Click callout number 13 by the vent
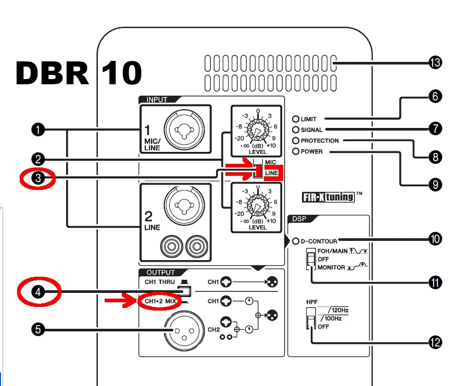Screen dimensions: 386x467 tap(435, 63)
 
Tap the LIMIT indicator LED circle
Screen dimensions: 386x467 tap(296, 119)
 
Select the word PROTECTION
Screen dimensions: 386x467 tap(320, 140)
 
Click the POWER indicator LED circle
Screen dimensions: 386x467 tap(296, 152)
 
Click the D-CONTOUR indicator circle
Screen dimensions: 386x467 tap(296, 241)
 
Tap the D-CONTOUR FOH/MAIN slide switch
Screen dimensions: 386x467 tap(311, 259)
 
